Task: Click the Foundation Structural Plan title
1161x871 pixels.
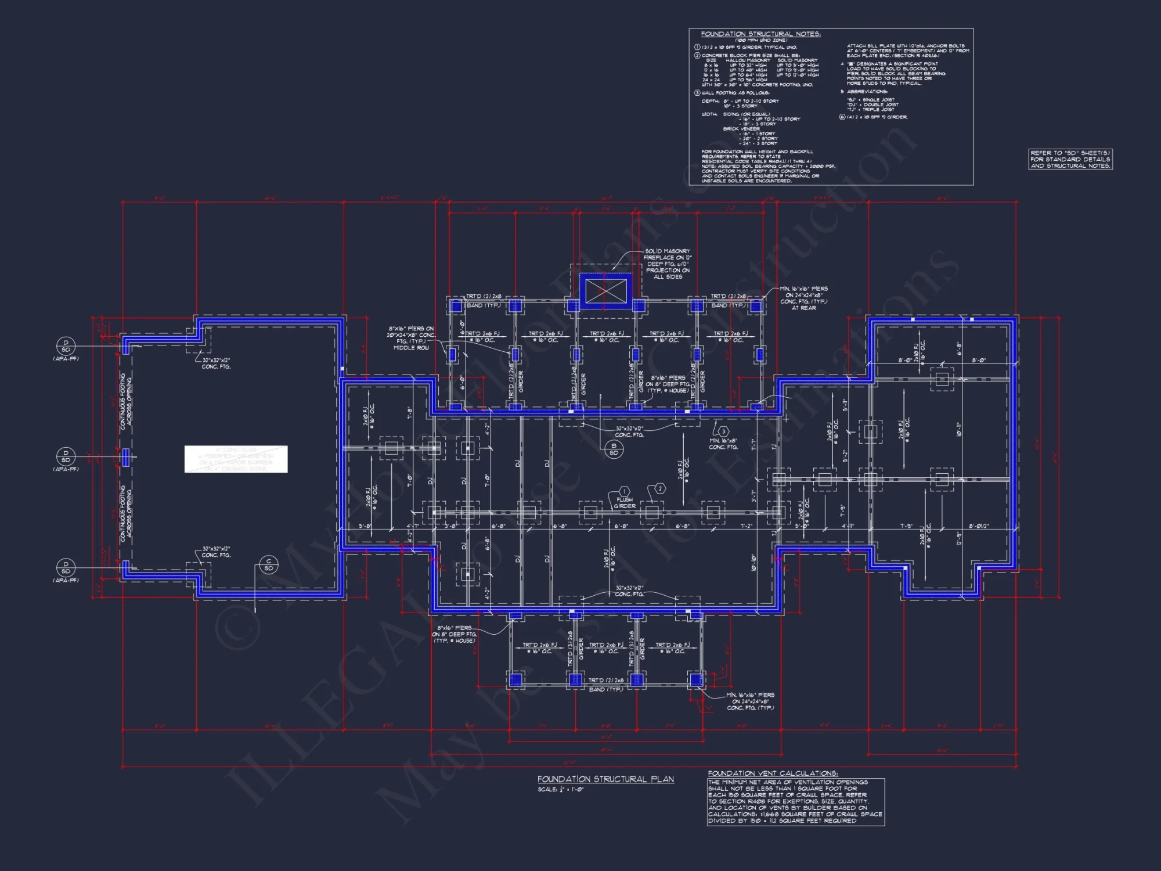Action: [x=605, y=779]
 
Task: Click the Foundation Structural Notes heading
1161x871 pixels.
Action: [x=760, y=34]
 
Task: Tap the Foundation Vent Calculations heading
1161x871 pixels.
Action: [x=773, y=773]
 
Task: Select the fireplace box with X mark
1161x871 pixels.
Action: [x=606, y=291]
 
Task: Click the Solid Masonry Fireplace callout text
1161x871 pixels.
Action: [x=667, y=264]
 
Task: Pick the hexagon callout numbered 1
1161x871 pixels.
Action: [x=624, y=491]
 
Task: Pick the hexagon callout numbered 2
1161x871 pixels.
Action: [x=659, y=488]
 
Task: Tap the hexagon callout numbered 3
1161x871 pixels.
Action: [x=723, y=431]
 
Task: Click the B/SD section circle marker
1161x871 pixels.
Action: [x=614, y=449]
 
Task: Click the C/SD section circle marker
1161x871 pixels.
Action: [x=269, y=564]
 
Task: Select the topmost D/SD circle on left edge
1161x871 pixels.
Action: [x=66, y=346]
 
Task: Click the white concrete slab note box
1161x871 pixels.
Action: [x=236, y=459]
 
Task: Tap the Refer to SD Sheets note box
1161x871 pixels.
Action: [x=1070, y=159]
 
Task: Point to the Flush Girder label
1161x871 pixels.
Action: [x=625, y=503]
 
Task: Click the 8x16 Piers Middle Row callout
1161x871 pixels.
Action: [x=411, y=338]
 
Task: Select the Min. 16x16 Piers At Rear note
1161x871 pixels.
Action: [x=804, y=298]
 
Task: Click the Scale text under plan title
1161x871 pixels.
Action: [x=560, y=790]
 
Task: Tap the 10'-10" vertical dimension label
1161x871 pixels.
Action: [x=753, y=562]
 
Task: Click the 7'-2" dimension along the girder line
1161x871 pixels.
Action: [x=746, y=526]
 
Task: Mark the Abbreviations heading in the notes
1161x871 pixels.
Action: [x=867, y=92]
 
